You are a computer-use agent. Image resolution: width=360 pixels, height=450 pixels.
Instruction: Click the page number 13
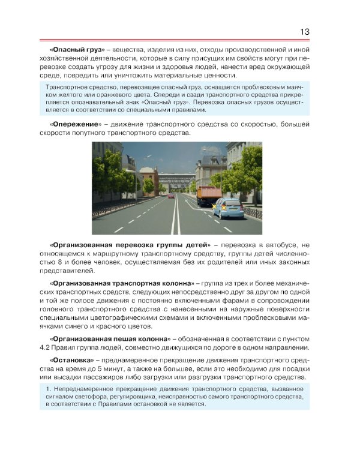pos(304,32)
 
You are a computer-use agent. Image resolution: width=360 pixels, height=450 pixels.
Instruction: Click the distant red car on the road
pos(170,196)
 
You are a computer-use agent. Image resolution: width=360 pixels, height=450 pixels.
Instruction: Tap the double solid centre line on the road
pos(176,216)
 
